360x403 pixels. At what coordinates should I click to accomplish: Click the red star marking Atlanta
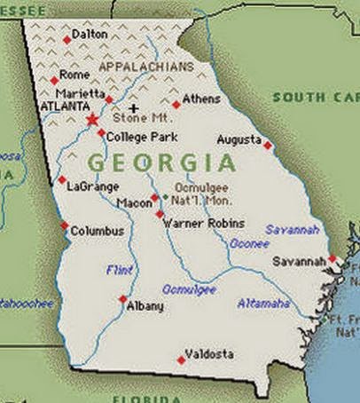pos(91,119)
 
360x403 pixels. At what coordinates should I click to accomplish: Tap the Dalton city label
pos(90,35)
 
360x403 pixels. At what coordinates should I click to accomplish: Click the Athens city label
pos(203,99)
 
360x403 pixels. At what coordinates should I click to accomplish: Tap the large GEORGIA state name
pos(161,163)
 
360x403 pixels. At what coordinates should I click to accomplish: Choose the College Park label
pos(137,137)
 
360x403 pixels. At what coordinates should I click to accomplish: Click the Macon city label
pos(134,203)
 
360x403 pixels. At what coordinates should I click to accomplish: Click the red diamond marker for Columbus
pos(64,226)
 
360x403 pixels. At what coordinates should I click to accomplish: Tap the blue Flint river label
pos(118,269)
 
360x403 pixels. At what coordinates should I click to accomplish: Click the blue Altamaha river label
pos(263,304)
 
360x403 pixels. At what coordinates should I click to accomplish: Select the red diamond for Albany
pos(122,299)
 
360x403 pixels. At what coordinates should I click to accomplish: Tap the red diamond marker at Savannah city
pos(333,259)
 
